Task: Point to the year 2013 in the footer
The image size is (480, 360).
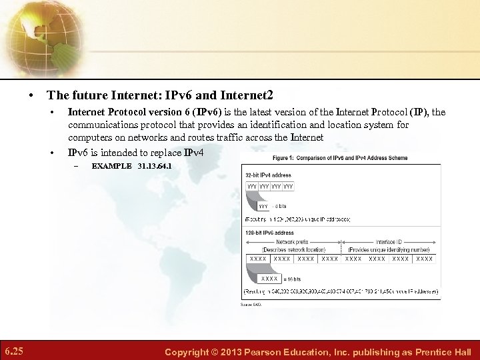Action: [238, 352]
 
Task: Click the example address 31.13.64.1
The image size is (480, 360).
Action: [154, 165]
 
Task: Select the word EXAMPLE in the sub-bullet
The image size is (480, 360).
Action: [111, 165]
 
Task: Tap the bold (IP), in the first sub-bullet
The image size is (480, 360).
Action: [421, 112]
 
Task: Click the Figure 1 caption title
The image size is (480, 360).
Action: [340, 158]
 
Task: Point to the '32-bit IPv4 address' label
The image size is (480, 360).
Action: [269, 175]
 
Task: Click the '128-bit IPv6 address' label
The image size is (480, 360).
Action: [270, 233]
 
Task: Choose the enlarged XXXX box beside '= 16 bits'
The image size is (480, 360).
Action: [269, 278]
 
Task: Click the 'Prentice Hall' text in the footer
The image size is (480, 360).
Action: [443, 352]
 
